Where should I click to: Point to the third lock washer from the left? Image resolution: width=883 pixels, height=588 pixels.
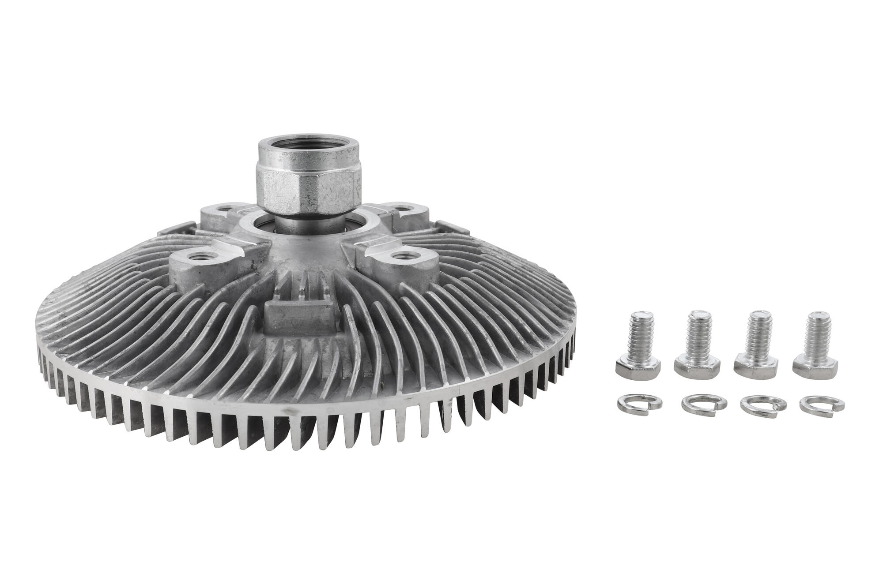coord(763,404)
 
